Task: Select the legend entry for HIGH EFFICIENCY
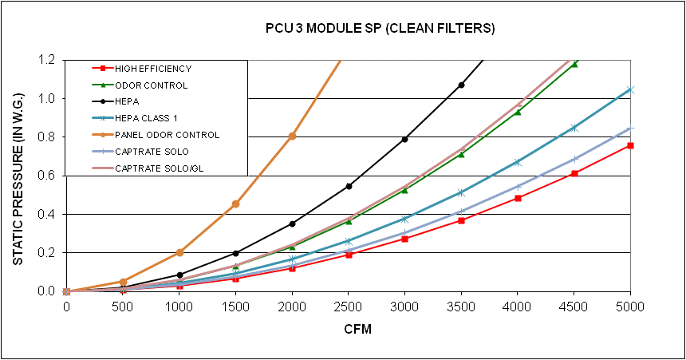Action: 152,69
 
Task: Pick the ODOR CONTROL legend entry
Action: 151,85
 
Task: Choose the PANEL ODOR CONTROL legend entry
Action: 166,135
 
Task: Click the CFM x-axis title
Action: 349,328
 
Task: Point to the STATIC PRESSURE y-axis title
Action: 18,176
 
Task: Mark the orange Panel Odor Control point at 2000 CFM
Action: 292,136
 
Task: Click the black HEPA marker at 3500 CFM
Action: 461,85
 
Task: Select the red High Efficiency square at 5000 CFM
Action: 630,145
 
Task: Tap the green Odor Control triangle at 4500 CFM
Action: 574,64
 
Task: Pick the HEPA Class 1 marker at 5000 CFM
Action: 630,89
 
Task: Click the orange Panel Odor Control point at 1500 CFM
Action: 235,204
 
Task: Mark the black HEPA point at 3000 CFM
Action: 405,139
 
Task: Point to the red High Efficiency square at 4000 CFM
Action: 518,198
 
